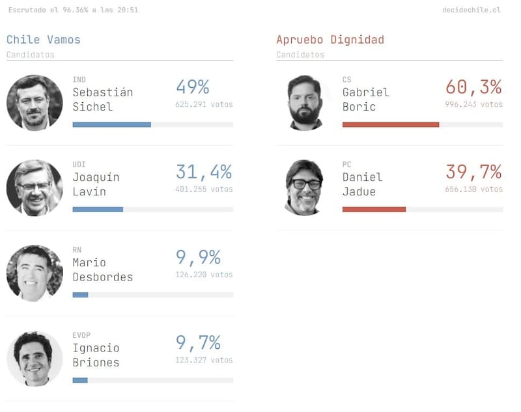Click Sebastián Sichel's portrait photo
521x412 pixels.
click(x=35, y=103)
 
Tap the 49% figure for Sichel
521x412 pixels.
click(x=192, y=87)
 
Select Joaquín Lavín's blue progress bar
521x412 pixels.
click(x=98, y=210)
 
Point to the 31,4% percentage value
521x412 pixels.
click(x=204, y=172)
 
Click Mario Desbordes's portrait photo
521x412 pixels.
click(x=35, y=273)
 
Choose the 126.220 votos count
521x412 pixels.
click(x=204, y=275)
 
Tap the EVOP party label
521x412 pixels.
click(x=82, y=335)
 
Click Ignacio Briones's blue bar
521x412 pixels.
click(x=80, y=380)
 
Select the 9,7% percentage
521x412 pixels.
click(x=198, y=343)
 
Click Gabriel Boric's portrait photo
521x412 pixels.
click(x=305, y=103)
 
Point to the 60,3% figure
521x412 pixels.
click(x=473, y=87)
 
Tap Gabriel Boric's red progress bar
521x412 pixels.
click(x=390, y=124)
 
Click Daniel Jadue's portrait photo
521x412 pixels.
click(x=305, y=187)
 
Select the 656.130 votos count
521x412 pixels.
click(x=473, y=189)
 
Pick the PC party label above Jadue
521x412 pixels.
click(x=346, y=165)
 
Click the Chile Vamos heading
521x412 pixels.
click(x=44, y=40)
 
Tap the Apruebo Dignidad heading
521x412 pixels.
click(x=330, y=40)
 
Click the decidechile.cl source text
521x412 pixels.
click(x=471, y=10)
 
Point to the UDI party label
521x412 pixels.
click(x=79, y=165)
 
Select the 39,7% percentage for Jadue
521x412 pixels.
click(x=473, y=172)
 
